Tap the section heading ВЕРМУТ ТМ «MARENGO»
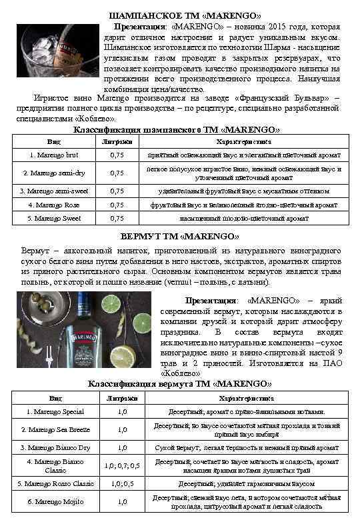point(180,236)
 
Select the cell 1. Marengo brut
point(54,155)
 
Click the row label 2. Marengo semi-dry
point(54,173)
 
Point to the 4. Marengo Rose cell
point(54,205)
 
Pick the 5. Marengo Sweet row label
point(54,218)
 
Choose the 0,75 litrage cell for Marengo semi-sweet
point(117,191)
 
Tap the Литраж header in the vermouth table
point(122,398)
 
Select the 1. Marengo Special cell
point(55,412)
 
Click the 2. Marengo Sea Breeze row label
point(55,430)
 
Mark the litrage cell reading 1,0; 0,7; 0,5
point(122,465)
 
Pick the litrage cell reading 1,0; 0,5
point(122,483)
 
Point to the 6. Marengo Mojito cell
point(55,501)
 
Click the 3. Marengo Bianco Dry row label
point(55,448)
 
